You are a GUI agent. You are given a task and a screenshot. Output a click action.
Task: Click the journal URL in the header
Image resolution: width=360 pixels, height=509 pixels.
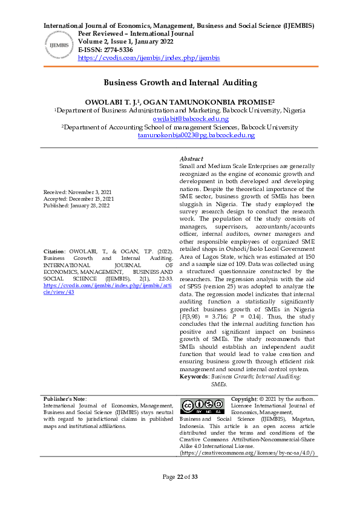149,58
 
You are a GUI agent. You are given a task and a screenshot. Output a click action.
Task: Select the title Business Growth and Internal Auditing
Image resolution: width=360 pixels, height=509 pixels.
180,82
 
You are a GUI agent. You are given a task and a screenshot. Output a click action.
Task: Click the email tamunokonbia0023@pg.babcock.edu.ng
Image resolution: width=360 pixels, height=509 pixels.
196,135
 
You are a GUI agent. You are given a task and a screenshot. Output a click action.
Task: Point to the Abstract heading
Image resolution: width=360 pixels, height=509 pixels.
192,158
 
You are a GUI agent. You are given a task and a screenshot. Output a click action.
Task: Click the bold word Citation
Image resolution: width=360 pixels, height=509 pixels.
54,268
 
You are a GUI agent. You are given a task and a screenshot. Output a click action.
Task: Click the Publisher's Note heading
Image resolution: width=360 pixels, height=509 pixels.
65,399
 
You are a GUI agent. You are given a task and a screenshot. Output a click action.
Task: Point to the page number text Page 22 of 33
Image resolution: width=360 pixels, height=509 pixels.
180,494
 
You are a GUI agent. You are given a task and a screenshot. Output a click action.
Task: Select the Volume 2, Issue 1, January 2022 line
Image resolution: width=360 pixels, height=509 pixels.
126,42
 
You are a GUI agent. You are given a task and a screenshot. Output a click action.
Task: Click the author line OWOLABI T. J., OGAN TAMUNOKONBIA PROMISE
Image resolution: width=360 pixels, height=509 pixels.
180,103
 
